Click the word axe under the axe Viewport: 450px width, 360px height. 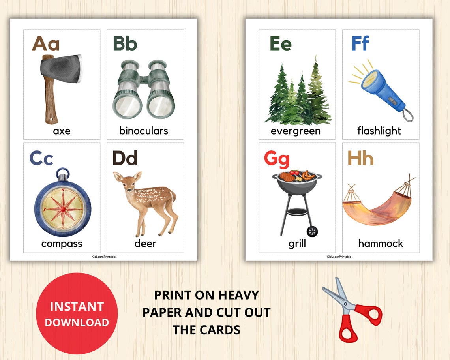(x=62, y=131)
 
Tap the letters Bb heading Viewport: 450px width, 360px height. (x=125, y=43)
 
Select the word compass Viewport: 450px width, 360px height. (x=62, y=244)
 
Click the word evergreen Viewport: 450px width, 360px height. (x=296, y=131)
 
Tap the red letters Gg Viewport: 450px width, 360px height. (x=277, y=159)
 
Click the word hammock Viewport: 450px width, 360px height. (x=381, y=244)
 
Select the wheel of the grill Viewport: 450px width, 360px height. (x=312, y=232)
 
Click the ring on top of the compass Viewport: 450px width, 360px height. (x=62, y=173)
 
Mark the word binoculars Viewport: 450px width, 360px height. (x=144, y=131)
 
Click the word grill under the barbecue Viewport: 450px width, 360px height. (x=297, y=244)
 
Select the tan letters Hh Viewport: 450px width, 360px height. (x=360, y=159)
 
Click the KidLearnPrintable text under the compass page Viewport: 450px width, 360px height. (x=103, y=257)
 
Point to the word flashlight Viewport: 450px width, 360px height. (x=379, y=131)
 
